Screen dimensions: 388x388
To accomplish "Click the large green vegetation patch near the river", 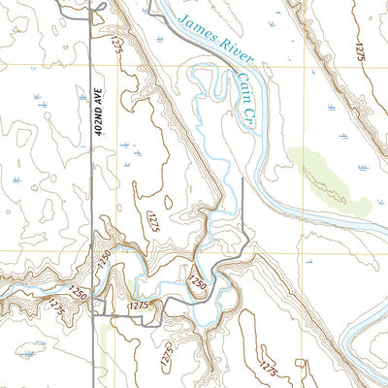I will click(x=330, y=179).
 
